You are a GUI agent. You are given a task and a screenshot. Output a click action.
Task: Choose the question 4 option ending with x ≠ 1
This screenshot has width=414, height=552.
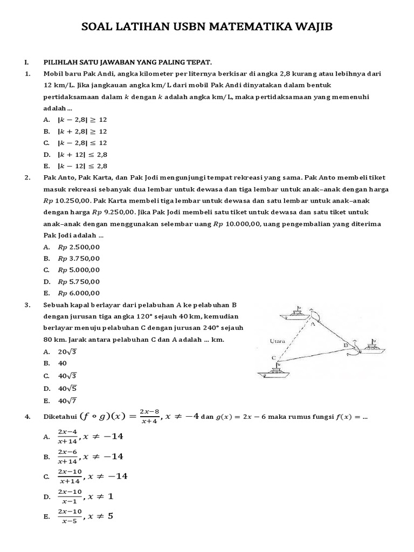86,496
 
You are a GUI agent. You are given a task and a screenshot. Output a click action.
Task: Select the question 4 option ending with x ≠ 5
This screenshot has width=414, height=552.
86,516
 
